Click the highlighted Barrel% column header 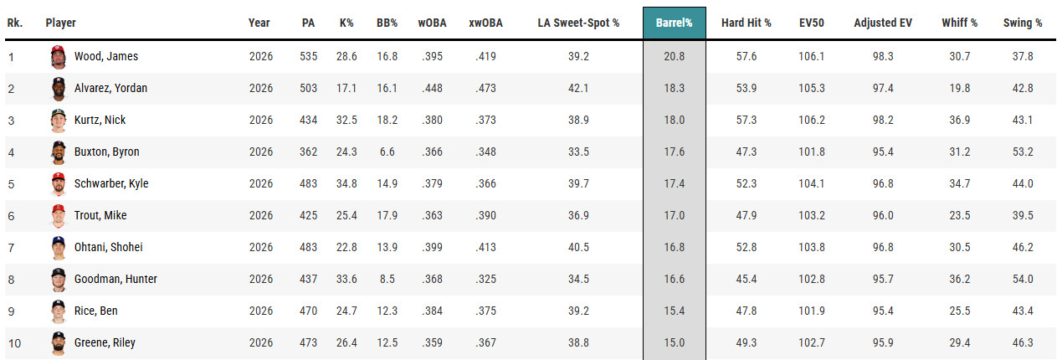[675, 23]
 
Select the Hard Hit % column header [746, 23]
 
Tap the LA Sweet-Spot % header [578, 23]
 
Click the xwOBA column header [485, 23]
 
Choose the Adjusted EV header [883, 23]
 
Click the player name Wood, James [106, 57]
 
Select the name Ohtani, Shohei [109, 247]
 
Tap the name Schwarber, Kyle [111, 183]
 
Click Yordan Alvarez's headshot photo [59, 89]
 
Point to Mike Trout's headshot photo [59, 216]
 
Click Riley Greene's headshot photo [59, 343]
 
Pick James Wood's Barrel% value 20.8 [675, 57]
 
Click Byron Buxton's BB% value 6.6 [387, 152]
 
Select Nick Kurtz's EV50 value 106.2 [812, 121]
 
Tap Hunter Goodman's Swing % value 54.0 [1023, 280]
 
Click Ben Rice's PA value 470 [308, 311]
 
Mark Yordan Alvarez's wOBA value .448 [432, 88]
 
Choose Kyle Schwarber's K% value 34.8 [346, 183]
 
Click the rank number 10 [14, 343]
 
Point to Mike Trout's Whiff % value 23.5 [960, 216]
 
